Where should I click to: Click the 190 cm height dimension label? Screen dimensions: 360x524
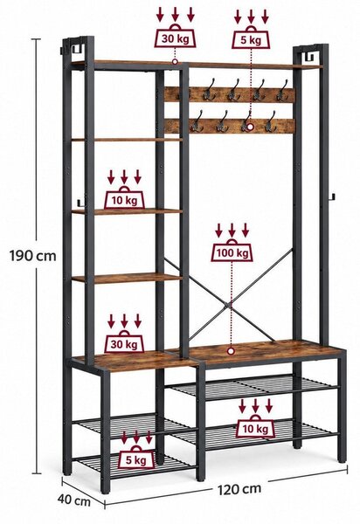pos(32,256)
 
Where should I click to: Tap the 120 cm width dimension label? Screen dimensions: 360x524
pos(239,489)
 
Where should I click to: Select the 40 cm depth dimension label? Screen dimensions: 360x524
pos(74,500)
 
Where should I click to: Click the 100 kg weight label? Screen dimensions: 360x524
pos(232,253)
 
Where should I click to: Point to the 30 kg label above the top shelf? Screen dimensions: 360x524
pos(175,38)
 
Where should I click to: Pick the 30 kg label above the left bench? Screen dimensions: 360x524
pos(124,344)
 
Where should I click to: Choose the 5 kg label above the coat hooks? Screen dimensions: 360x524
pos(251,40)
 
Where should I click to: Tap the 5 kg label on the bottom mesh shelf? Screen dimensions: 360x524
pos(136,460)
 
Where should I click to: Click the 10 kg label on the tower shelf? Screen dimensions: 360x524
pos(124,200)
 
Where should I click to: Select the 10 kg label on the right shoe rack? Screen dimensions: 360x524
pos(256,429)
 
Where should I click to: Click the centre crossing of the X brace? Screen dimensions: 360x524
pos(229,305)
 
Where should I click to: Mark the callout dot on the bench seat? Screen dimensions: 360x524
pos(231,351)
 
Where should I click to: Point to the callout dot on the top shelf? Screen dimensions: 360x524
pos(175,61)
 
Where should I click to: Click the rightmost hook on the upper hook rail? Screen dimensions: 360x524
pos(282,91)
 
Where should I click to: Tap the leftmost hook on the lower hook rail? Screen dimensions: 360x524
pos(197,122)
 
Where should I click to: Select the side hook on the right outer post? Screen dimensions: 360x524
pos(331,197)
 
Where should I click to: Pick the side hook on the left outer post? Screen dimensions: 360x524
pos(79,203)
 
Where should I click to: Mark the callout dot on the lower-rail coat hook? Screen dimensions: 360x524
pos(251,127)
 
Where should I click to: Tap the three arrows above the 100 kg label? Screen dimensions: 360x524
pos(232,231)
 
